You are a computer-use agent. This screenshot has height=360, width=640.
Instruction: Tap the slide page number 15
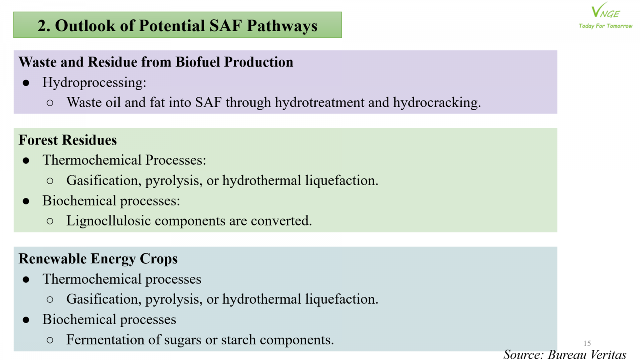coord(587,343)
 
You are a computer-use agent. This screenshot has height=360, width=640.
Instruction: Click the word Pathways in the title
coord(282,26)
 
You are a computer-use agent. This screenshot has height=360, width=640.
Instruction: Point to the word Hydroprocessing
coord(94,83)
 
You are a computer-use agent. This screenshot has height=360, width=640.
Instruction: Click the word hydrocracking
coord(437,102)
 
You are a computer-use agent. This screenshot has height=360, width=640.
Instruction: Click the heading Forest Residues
coord(68,140)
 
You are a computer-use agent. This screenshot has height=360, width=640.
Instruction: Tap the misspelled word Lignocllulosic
coord(108,221)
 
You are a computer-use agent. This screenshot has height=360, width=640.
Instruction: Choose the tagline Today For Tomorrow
coord(606,26)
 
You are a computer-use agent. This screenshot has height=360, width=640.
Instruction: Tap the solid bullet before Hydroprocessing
coord(26,83)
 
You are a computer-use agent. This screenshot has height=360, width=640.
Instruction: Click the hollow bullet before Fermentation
coord(50,340)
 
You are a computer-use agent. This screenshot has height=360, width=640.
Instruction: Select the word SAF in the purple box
coord(208,102)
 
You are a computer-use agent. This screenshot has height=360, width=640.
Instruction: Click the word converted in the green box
coord(281,221)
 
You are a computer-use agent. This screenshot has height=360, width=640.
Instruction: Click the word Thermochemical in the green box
coord(92,160)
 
